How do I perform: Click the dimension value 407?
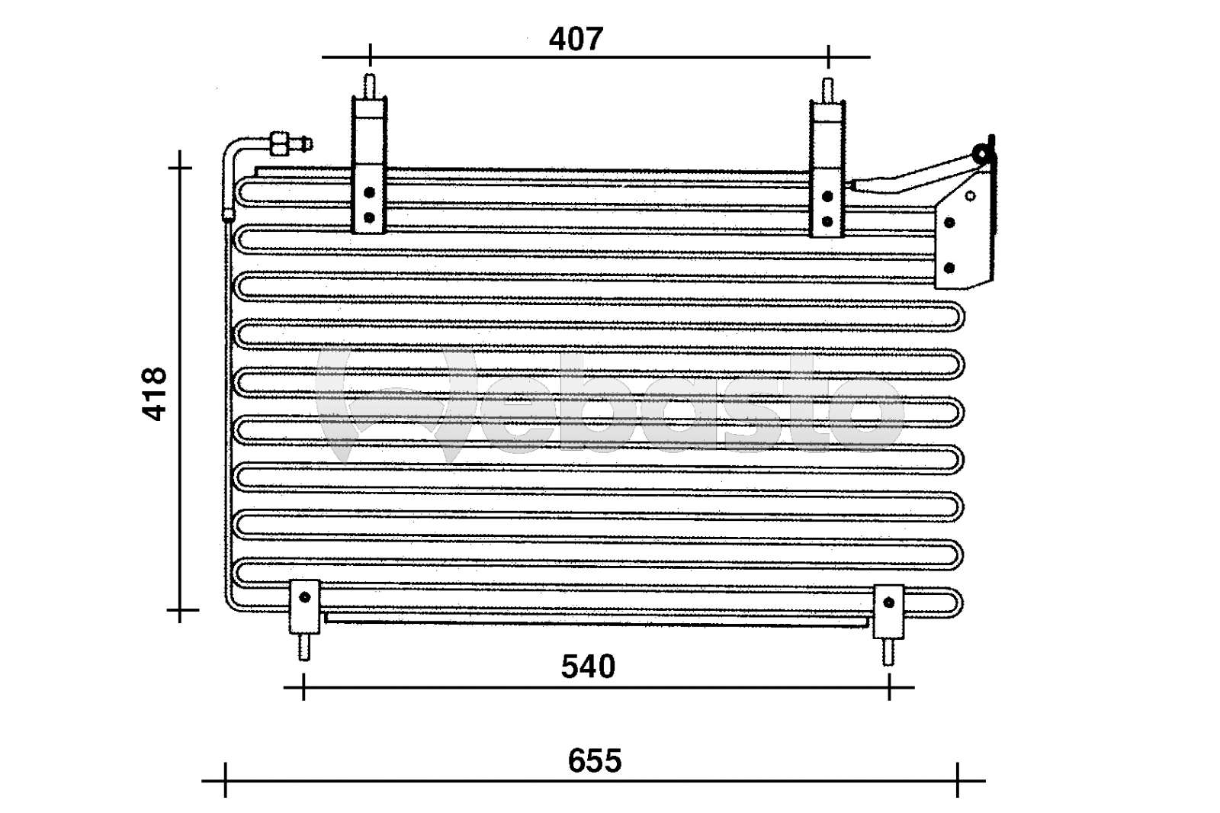pos(576,38)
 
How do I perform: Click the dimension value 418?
pos(155,394)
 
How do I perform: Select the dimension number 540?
pos(587,667)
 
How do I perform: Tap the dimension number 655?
pos(594,760)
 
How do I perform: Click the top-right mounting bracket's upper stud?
pos(827,88)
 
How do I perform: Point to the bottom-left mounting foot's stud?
pos(303,648)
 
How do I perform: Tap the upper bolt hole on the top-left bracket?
pos(369,192)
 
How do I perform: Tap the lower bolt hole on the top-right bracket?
pos(827,221)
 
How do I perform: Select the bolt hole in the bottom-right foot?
pos(888,603)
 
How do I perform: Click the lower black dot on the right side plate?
pos(949,268)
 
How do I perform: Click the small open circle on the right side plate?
pos(970,196)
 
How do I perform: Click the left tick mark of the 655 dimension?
pos(226,780)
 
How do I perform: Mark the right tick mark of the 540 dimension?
pos(889,687)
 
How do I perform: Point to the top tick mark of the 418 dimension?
pos(180,166)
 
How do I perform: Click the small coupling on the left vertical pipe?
pos(228,214)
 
